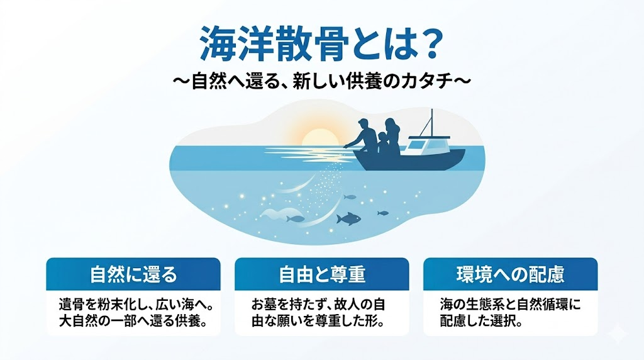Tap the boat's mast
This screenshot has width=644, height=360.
pyautogui.click(x=431, y=123)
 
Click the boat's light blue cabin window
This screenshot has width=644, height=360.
pyautogui.click(x=416, y=144)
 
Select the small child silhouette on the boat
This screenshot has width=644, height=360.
pyautogui.click(x=384, y=143)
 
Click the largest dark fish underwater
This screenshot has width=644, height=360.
pyautogui.click(x=348, y=218)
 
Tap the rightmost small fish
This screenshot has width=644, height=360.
pyautogui.click(x=383, y=213)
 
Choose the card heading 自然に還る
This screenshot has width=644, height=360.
pyautogui.click(x=133, y=274)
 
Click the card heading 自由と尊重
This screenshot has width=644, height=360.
pyautogui.click(x=322, y=274)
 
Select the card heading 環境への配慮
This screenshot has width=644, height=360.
pyautogui.click(x=511, y=274)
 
